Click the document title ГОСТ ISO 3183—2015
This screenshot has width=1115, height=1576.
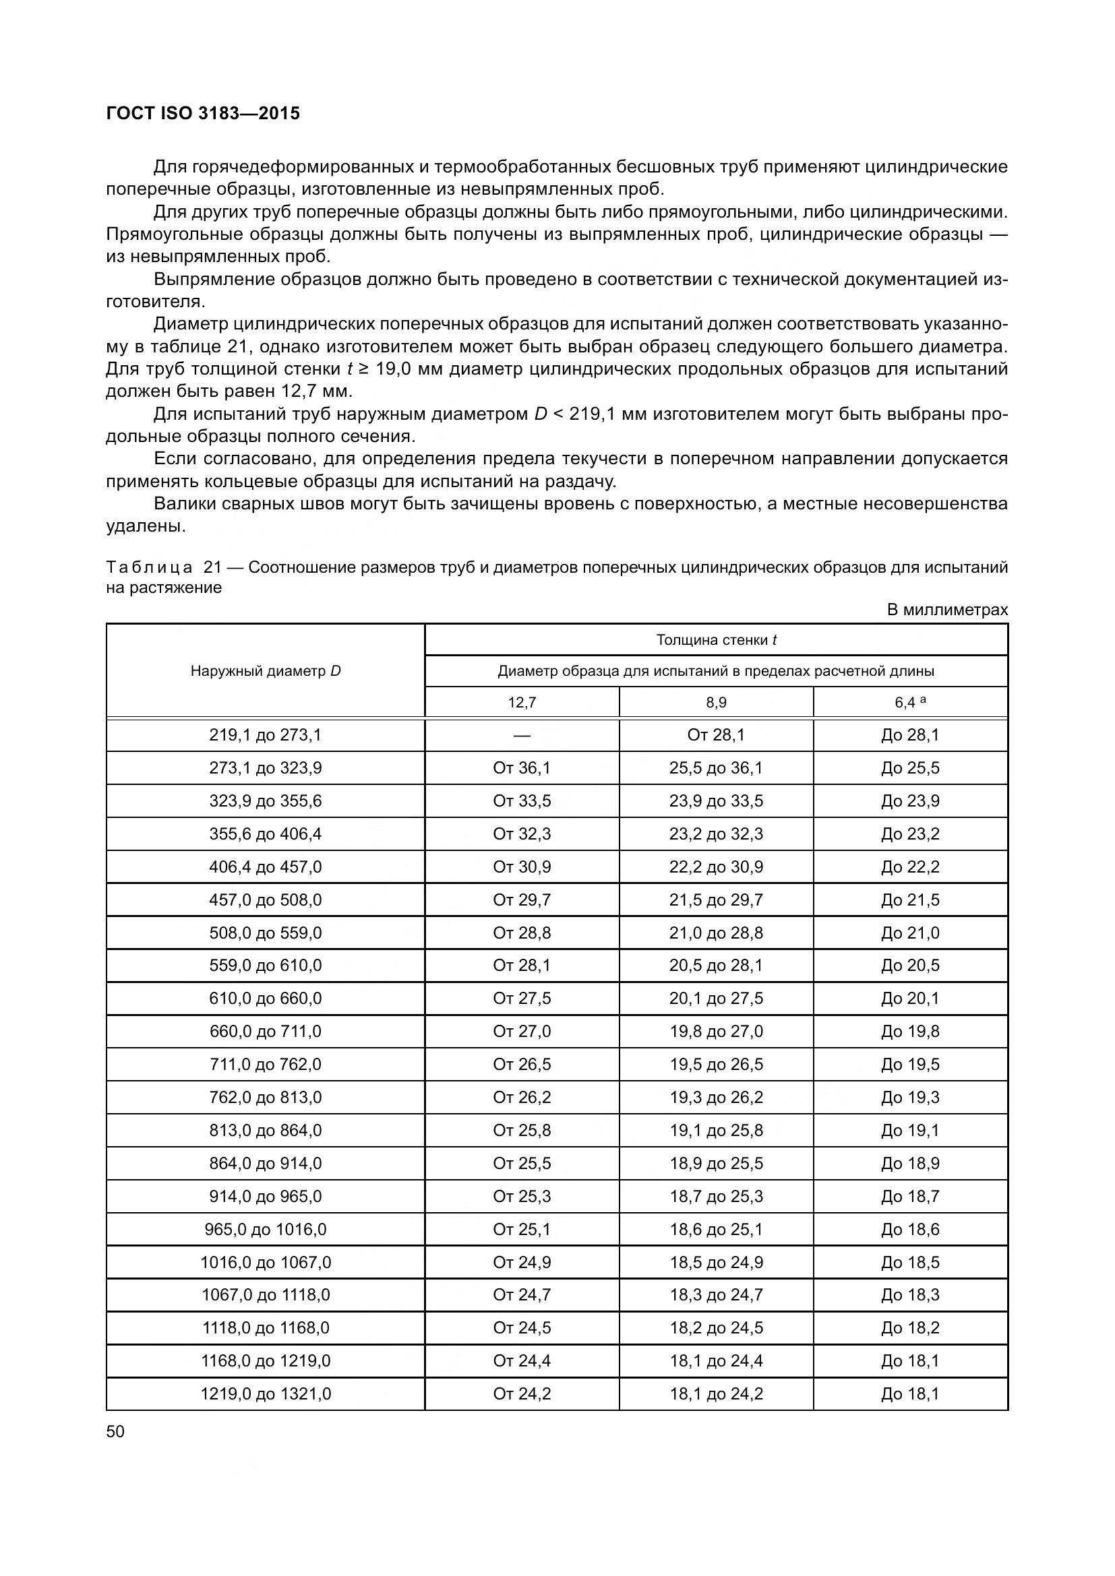click(x=203, y=113)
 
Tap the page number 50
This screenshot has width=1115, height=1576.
click(x=115, y=1431)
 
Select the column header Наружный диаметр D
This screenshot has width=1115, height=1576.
click(x=266, y=671)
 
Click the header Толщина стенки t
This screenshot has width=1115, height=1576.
click(x=716, y=639)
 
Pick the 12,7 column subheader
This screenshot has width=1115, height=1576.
click(x=522, y=702)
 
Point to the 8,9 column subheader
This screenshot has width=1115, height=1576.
click(x=716, y=702)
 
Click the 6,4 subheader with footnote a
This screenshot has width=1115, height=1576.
click(x=910, y=702)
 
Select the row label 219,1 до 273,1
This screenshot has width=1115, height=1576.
click(x=266, y=735)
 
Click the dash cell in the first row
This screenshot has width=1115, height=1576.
click(x=522, y=735)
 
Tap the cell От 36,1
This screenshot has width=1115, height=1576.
click(x=522, y=768)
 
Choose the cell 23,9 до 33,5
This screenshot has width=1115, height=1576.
click(x=716, y=801)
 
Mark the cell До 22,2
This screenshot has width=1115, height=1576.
click(x=910, y=867)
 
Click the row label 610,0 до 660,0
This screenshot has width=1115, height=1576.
click(x=266, y=999)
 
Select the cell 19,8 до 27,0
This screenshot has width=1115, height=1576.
click(x=716, y=1032)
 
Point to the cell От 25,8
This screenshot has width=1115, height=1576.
click(x=522, y=1131)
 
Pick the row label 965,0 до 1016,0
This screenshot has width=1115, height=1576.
click(x=266, y=1230)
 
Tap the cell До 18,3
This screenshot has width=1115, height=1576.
click(x=910, y=1295)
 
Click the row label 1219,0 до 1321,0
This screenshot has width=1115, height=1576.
click(x=266, y=1394)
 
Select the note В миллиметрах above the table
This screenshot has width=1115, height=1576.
click(x=947, y=610)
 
